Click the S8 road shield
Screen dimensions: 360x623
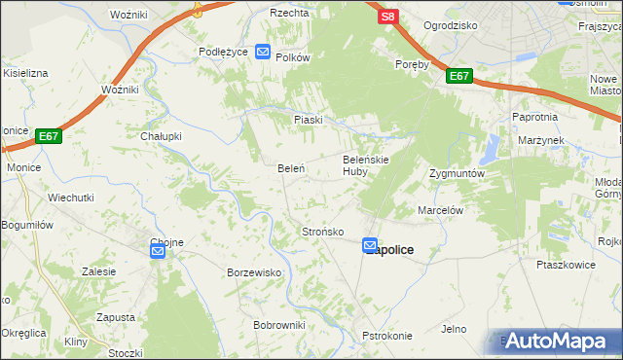[388, 18]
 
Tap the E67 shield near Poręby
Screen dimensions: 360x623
[460, 76]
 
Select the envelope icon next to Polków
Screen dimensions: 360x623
[263, 52]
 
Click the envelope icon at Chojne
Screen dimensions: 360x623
[158, 251]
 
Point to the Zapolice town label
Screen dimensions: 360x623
[391, 251]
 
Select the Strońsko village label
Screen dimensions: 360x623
[322, 232]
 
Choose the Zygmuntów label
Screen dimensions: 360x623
[457, 173]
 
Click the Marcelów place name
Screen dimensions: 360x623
[439, 209]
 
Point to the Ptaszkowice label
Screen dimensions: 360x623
[566, 264]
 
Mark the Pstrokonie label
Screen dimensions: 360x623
[387, 336]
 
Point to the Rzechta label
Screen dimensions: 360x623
[290, 14]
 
